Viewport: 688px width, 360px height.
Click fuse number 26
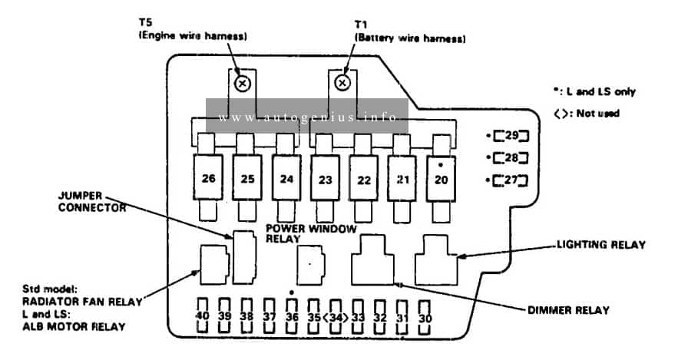tap(208, 177)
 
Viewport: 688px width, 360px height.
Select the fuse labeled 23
tap(325, 179)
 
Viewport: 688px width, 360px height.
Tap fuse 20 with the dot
tap(441, 179)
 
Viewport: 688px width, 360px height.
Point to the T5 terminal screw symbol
tap(242, 84)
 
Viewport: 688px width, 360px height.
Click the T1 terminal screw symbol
tap(342, 83)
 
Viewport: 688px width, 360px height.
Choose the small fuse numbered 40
tap(202, 316)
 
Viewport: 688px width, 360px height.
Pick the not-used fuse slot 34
tap(336, 317)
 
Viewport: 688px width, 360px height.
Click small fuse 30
tap(425, 318)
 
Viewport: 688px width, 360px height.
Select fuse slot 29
tap(511, 136)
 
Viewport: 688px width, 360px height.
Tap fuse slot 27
tap(511, 180)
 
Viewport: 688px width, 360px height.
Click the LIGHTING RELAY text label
tap(601, 245)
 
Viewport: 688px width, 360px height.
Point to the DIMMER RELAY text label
tap(568, 310)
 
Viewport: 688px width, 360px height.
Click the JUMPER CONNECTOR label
tap(92, 202)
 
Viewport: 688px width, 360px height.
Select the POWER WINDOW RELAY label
tap(311, 233)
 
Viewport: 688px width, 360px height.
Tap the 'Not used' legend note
tap(587, 114)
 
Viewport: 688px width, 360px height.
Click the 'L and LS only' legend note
tap(594, 91)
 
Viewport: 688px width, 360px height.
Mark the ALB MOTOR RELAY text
tap(74, 327)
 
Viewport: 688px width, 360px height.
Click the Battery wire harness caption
tap(410, 38)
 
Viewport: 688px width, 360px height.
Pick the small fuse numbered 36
tap(292, 316)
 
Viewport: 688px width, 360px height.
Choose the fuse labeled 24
tap(286, 179)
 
